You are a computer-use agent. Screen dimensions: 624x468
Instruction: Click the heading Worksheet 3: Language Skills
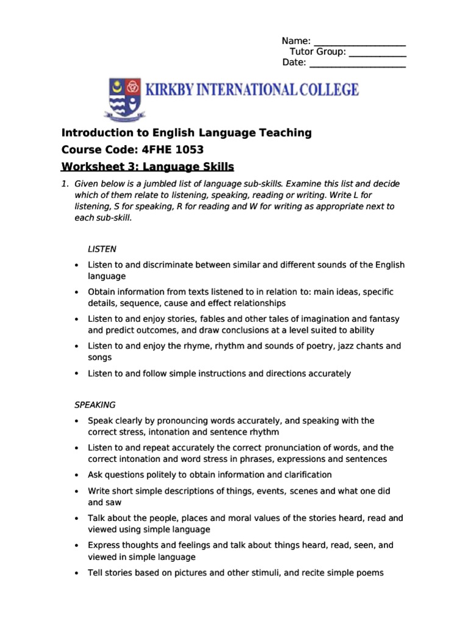(148, 166)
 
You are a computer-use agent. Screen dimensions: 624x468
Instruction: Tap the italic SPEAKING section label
(94, 405)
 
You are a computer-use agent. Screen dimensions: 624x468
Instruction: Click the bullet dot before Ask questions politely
(76, 475)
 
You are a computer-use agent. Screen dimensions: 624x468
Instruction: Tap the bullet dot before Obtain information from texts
(76, 292)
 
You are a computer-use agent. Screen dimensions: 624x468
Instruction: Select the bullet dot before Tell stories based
(76, 573)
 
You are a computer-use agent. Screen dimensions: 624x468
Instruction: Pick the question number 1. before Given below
(65, 184)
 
